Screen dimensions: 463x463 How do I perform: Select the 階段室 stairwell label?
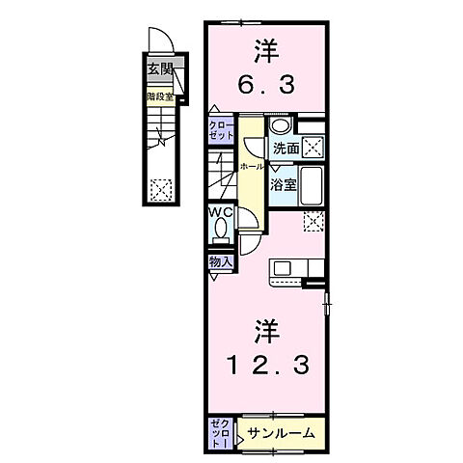click(x=159, y=95)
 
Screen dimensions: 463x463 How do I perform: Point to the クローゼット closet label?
click(x=221, y=130)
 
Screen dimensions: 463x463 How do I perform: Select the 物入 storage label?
click(x=219, y=261)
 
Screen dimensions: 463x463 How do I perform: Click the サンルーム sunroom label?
click(x=280, y=433)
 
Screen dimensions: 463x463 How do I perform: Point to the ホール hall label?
click(x=253, y=166)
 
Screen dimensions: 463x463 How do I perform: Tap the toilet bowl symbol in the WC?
click(x=220, y=232)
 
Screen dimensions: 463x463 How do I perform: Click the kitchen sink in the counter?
click(x=284, y=268)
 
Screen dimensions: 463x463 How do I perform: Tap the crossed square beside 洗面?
click(x=313, y=149)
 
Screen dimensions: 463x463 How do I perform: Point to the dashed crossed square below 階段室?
click(x=159, y=188)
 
